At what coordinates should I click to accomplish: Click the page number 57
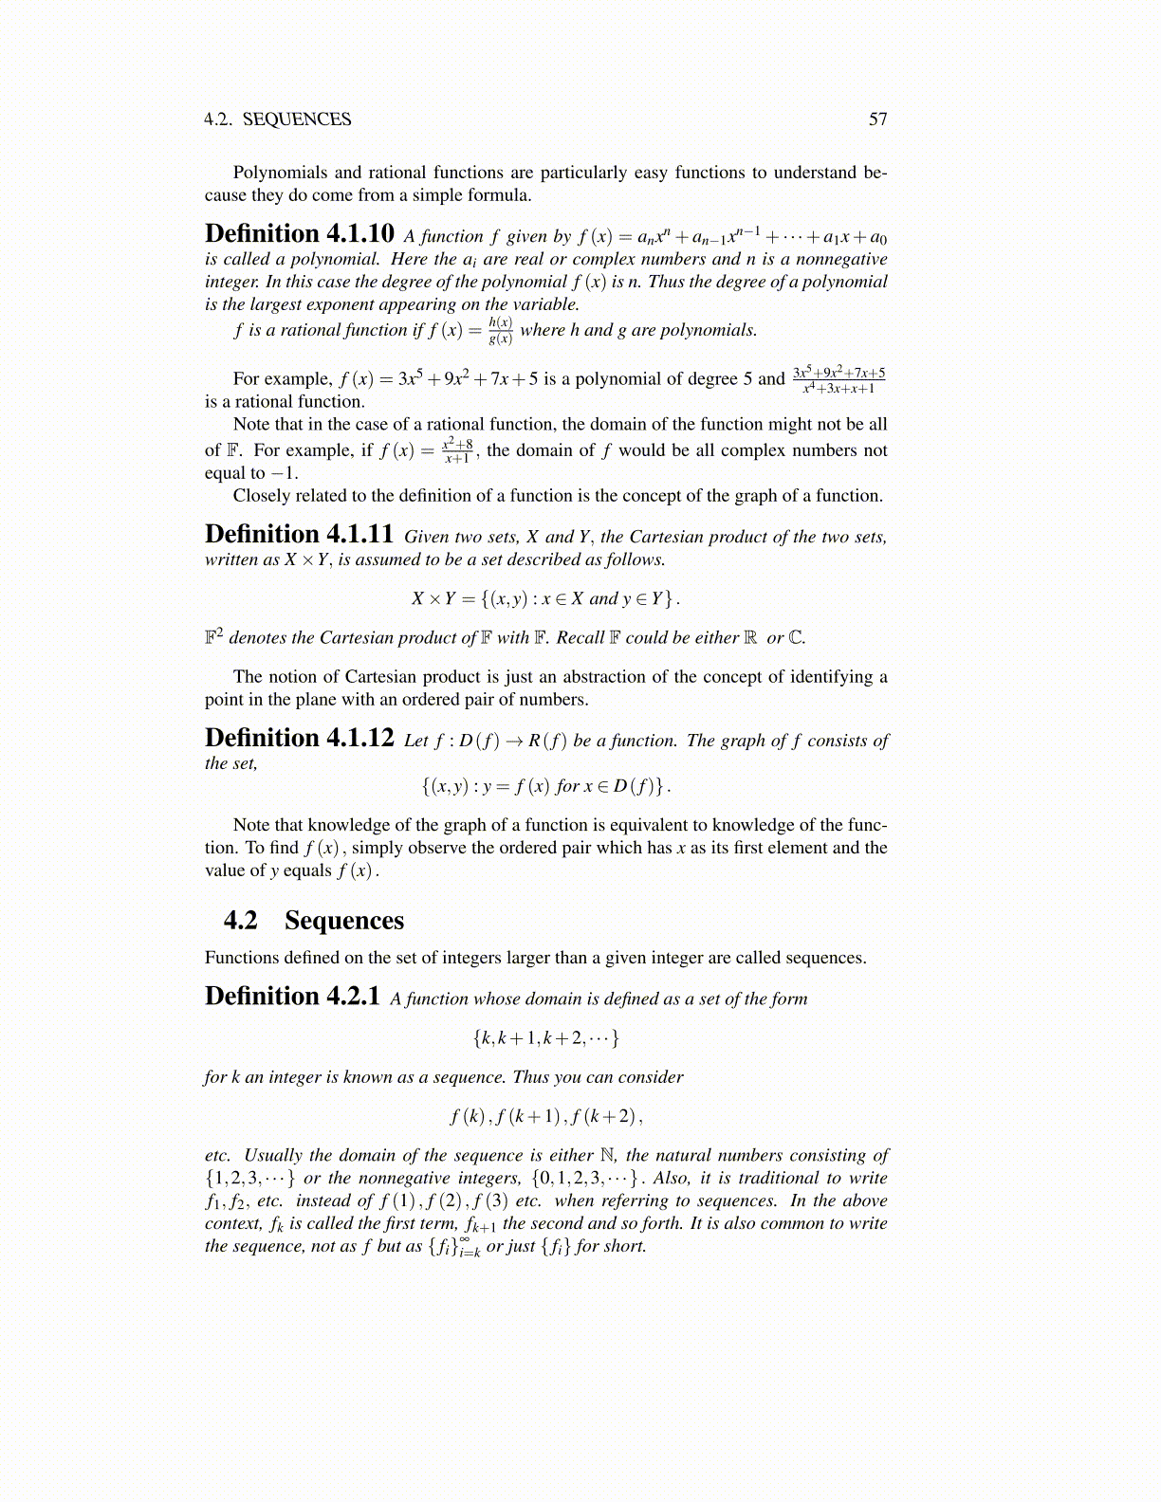(877, 119)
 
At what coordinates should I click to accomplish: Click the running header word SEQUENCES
(296, 119)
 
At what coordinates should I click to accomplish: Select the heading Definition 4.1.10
(299, 234)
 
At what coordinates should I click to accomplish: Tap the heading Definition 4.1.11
(299, 535)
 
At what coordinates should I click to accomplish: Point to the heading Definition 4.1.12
(299, 739)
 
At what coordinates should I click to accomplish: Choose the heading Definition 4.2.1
(292, 997)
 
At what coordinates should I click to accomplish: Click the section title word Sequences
(343, 921)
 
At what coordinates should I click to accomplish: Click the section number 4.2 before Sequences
(241, 921)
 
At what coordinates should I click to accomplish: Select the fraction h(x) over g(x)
(500, 331)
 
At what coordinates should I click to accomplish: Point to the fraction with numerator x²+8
(458, 450)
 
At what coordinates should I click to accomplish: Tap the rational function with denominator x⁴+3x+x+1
(838, 379)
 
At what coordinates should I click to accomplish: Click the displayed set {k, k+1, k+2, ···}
(545, 1038)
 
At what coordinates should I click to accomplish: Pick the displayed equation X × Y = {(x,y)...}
(545, 598)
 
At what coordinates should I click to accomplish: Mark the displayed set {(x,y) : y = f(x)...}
(545, 786)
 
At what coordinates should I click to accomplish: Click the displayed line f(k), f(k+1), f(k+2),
(545, 1116)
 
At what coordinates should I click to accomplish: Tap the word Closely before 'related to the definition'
(264, 496)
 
